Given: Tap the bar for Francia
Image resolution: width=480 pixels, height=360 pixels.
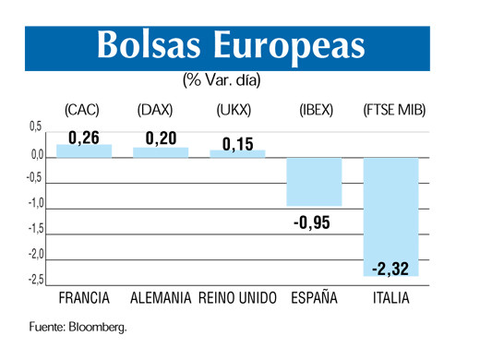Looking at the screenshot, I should pos(84,151).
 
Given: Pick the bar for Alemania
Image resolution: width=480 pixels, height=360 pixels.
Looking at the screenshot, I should pos(162,152).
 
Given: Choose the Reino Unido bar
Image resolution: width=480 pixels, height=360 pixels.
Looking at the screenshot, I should pos(237,153).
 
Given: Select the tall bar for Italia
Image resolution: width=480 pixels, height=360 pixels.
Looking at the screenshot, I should pos(390,217).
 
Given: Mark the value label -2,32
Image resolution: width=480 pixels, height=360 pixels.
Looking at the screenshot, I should pos(391,269).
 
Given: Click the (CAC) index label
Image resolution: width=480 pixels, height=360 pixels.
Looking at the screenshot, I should pos(82,110).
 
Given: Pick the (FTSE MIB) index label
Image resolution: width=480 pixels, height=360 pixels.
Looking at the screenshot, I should pos(390,110).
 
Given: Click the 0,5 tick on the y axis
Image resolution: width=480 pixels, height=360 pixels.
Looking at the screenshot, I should pos(35,126).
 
